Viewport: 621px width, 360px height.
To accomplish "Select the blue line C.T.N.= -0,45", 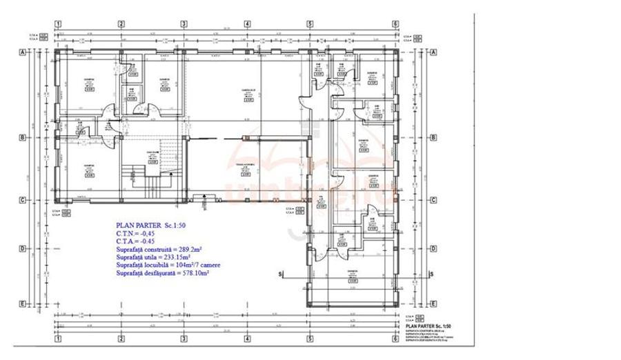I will pyautogui.click(x=135, y=234).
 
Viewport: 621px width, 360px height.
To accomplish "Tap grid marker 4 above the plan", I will pyautogui.click(x=246, y=23).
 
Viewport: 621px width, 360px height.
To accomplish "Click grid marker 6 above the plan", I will pyautogui.click(x=396, y=23).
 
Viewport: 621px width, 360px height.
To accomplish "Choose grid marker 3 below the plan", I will pyautogui.click(x=184, y=339).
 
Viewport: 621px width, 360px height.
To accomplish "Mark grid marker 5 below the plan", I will pyautogui.click(x=310, y=339).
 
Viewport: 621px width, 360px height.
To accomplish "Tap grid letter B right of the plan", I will pyautogui.click(x=433, y=137).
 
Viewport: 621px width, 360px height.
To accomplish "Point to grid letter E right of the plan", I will pyautogui.click(x=433, y=303).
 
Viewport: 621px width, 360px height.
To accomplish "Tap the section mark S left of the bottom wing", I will pyautogui.click(x=281, y=274).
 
